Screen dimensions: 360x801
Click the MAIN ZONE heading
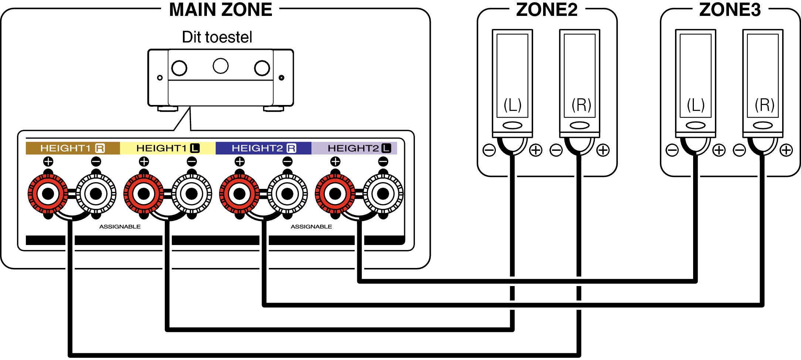point(221,10)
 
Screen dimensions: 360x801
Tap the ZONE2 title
point(546,10)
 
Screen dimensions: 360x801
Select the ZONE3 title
point(730,10)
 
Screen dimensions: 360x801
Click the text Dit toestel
point(217,37)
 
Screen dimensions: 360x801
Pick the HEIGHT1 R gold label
point(72,148)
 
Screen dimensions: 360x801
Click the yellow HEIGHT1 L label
point(167,148)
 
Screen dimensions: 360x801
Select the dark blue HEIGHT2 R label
point(263,148)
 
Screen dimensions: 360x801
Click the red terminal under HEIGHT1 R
point(48,194)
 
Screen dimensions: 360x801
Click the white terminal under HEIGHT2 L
point(383,194)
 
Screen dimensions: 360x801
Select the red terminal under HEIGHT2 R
point(239,194)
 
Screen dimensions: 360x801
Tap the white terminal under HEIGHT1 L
point(191,194)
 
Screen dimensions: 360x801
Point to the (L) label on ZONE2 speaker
point(512,105)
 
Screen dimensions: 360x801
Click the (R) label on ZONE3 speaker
point(764,105)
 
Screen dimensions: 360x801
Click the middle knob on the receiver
point(221,66)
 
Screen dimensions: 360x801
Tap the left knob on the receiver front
point(179,68)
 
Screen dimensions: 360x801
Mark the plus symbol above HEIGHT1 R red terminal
point(48,162)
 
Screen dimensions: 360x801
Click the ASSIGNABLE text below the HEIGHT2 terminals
point(311,227)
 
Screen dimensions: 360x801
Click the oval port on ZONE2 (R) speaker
point(579,125)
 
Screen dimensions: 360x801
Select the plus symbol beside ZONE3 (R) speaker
point(786,150)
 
